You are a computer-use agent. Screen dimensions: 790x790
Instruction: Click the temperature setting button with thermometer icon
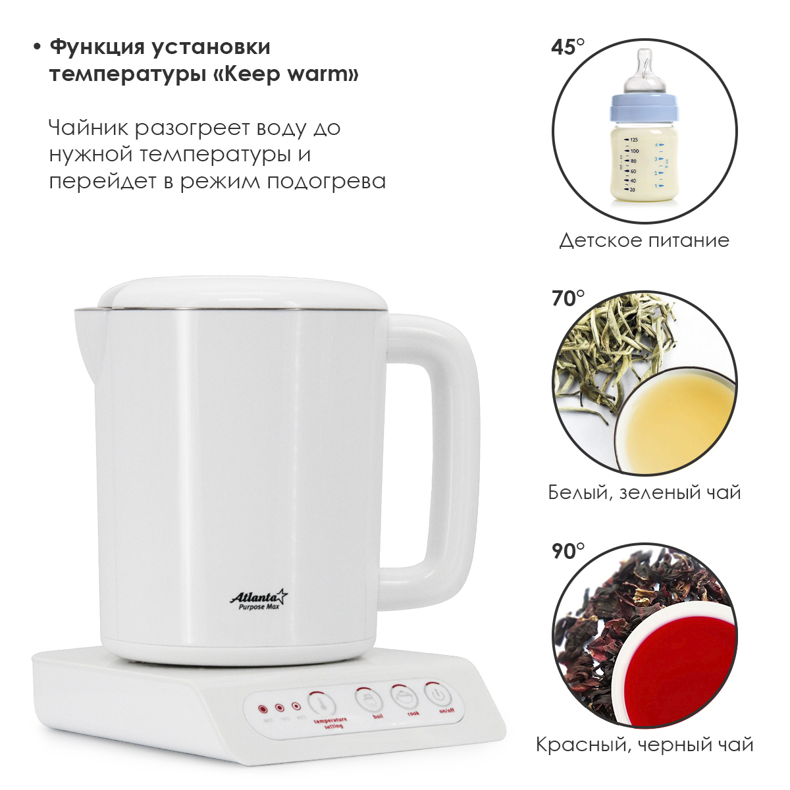click(x=321, y=704)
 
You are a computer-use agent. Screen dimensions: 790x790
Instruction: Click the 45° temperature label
click(x=567, y=47)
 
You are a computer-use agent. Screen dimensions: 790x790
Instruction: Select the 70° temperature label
click(x=567, y=299)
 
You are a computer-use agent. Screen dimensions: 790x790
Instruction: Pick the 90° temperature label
click(x=567, y=551)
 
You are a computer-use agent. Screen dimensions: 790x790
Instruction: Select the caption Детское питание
click(x=644, y=240)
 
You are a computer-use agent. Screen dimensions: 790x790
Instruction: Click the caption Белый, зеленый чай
click(x=644, y=492)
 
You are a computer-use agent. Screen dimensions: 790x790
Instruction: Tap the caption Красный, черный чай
click(x=644, y=745)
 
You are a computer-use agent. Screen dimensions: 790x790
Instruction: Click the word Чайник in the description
click(x=88, y=128)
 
